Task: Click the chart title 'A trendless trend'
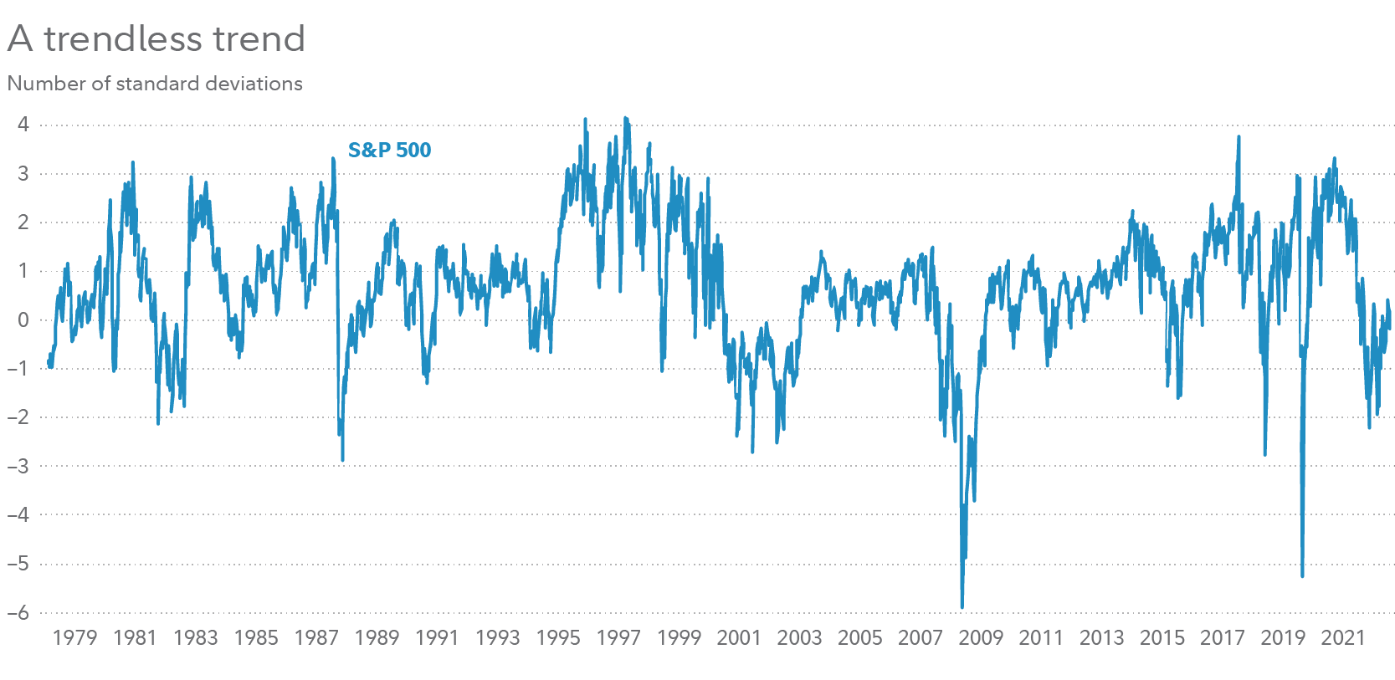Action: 156,38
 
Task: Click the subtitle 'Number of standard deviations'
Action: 155,84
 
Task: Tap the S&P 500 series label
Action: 389,150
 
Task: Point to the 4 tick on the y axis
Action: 23,125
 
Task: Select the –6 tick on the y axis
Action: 18,612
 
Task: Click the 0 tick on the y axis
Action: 23,320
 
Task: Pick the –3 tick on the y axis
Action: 18,466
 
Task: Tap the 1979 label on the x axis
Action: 74,637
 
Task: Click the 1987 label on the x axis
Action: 316,637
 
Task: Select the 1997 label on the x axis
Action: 618,637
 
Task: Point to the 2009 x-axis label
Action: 981,637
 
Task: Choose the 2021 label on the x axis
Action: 1343,637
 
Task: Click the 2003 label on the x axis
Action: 799,637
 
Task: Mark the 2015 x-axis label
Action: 1162,637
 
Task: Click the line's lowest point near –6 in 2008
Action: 962,607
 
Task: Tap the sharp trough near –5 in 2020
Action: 1302,576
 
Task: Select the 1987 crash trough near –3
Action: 342,460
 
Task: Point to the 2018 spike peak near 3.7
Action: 1239,137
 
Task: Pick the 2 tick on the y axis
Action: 23,222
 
